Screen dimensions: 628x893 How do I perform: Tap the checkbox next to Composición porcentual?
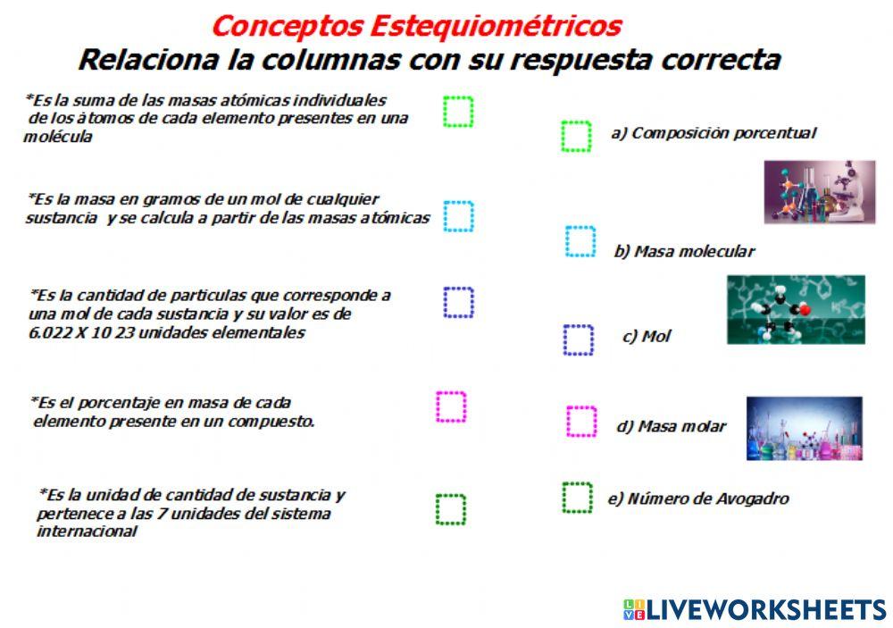(x=576, y=136)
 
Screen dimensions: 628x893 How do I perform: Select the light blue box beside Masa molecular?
(x=580, y=241)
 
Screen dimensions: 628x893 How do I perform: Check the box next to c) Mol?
(x=578, y=339)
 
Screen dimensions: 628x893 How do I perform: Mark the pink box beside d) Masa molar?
(x=580, y=421)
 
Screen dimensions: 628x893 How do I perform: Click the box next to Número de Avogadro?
(x=577, y=498)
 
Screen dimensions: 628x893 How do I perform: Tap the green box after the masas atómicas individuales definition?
(x=458, y=112)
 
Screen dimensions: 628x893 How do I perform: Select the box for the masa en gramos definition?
(x=458, y=216)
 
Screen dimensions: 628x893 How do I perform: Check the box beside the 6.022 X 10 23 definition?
(x=458, y=302)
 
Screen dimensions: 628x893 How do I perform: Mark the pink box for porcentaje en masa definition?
(x=451, y=406)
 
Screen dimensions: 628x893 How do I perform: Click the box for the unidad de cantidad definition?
(x=451, y=509)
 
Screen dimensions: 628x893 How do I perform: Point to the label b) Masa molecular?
(x=684, y=251)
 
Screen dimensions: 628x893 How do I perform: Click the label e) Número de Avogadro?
(x=697, y=498)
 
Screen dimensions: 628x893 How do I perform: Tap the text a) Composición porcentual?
(x=713, y=133)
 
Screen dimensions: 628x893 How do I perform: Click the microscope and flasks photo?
(x=819, y=191)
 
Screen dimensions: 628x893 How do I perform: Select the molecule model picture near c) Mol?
(x=795, y=309)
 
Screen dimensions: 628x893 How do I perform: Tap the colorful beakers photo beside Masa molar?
(x=804, y=428)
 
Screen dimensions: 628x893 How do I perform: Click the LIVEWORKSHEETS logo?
(x=755, y=610)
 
